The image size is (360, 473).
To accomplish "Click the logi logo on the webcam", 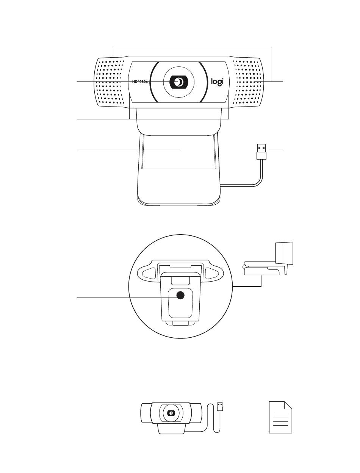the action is click(217, 82).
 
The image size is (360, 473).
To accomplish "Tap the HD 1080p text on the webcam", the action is click(139, 81).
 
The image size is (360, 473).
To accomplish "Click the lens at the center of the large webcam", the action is click(178, 82).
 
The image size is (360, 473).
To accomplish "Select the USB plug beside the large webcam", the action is click(261, 151).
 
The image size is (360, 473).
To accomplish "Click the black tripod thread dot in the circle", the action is click(180, 296).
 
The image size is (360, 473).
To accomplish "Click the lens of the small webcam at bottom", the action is click(171, 413).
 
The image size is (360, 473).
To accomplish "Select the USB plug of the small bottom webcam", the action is click(220, 407).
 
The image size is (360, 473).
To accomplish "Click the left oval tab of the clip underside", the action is click(149, 273).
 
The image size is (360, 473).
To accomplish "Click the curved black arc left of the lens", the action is click(154, 82).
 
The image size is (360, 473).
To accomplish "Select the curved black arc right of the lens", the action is click(204, 82).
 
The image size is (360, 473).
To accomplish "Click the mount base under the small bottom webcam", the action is click(171, 429).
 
